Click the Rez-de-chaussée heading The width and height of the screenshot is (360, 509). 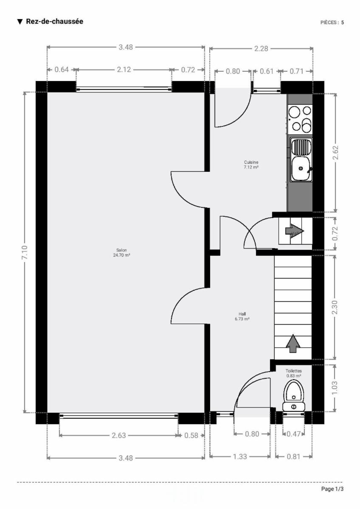pyautogui.click(x=55, y=21)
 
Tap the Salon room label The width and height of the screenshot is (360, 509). pyautogui.click(x=121, y=250)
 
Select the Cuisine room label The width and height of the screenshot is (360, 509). pyautogui.click(x=251, y=162)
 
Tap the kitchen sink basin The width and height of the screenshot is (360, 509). pyautogui.click(x=301, y=168)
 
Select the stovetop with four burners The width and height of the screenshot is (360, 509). pyautogui.click(x=300, y=119)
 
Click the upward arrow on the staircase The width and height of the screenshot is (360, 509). pyautogui.click(x=293, y=343)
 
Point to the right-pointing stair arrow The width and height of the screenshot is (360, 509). pyautogui.click(x=295, y=231)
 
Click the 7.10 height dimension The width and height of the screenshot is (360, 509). pyautogui.click(x=25, y=252)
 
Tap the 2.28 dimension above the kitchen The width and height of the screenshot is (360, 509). pyautogui.click(x=261, y=49)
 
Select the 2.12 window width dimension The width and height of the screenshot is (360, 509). pyautogui.click(x=124, y=70)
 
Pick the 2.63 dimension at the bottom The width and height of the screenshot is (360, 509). pyautogui.click(x=119, y=435)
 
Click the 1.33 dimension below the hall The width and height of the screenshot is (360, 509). pyautogui.click(x=240, y=456)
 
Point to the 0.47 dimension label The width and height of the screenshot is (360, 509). pyautogui.click(x=294, y=434)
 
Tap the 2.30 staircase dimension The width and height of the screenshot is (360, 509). pyautogui.click(x=335, y=307)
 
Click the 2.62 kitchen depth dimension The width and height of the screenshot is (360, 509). pyautogui.click(x=335, y=152)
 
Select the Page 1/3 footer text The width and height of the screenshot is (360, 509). pyautogui.click(x=332, y=489)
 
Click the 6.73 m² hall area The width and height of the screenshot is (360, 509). pyautogui.click(x=242, y=319)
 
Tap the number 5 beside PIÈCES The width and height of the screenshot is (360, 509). pyautogui.click(x=343, y=22)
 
